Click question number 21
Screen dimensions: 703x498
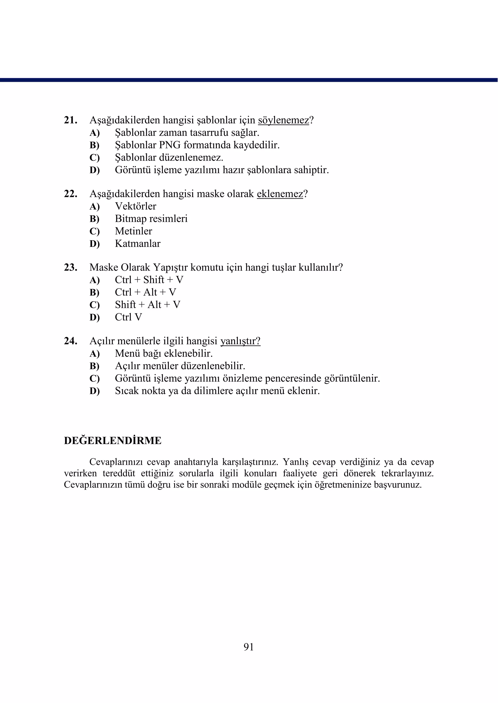pos(70,120)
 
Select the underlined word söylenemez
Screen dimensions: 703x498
pos(283,120)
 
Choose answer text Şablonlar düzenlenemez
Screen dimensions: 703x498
pos(169,157)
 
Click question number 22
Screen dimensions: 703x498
pos(70,194)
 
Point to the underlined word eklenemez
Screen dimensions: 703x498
pos(280,194)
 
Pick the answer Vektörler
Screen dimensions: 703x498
pos(135,206)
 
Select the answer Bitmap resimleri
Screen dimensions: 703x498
pos(151,219)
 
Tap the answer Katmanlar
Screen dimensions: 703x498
pos(137,243)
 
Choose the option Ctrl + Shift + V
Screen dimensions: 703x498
pos(149,280)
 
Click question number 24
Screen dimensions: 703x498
pos(70,341)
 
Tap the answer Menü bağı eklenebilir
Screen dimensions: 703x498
pos(163,353)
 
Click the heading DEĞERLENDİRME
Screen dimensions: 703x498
pos(113,441)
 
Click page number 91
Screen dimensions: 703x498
pos(249,647)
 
